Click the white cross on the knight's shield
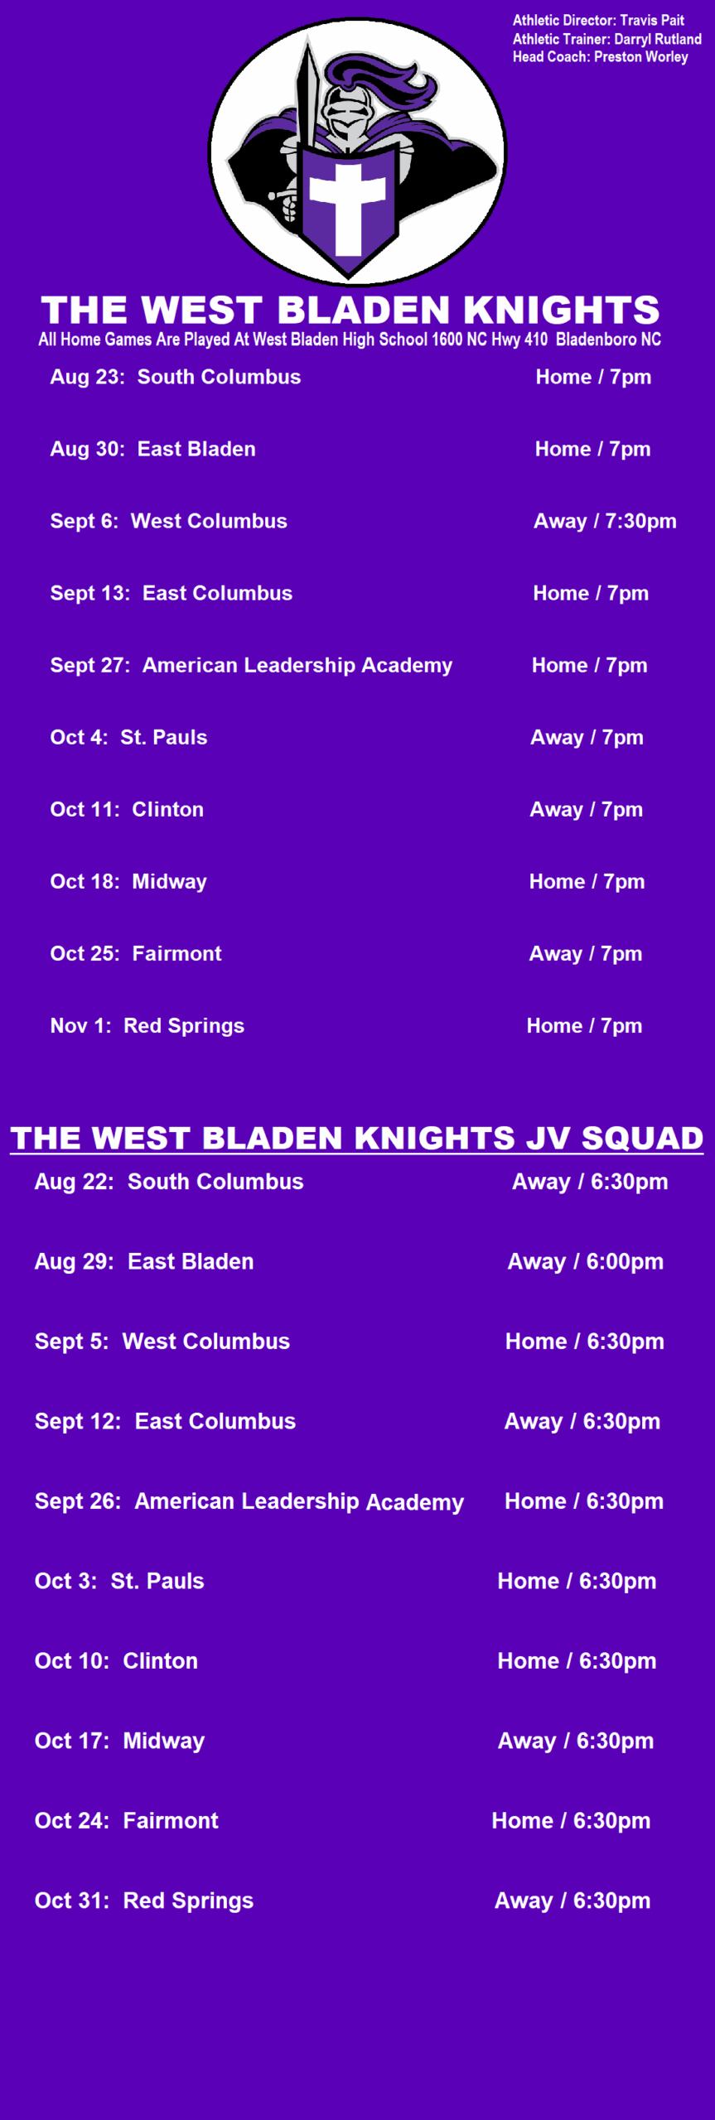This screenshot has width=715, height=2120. coord(348,206)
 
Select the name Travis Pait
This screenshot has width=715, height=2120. coord(652,20)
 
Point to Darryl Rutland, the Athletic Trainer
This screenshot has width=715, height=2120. coord(658,38)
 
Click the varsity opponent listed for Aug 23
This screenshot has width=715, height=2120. coord(219,377)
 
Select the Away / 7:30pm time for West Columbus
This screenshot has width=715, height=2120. coord(605,521)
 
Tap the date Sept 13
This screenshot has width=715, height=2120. coord(89,593)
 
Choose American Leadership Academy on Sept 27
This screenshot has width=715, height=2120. coord(297,665)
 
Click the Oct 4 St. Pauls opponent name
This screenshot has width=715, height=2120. coord(164,737)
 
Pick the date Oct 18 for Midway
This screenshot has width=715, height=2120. coord(85,881)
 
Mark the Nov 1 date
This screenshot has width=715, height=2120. coord(80,1025)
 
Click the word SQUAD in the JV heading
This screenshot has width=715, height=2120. coord(642,1138)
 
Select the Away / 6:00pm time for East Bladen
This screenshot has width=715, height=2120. coord(586,1261)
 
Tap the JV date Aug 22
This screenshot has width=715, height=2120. coord(74,1182)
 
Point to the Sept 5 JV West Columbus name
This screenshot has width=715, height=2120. coord(206,1342)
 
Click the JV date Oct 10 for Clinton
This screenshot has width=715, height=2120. coord(71,1661)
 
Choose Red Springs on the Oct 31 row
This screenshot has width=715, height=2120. coord(188,1901)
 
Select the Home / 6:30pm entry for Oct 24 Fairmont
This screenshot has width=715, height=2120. coord(571,1821)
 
